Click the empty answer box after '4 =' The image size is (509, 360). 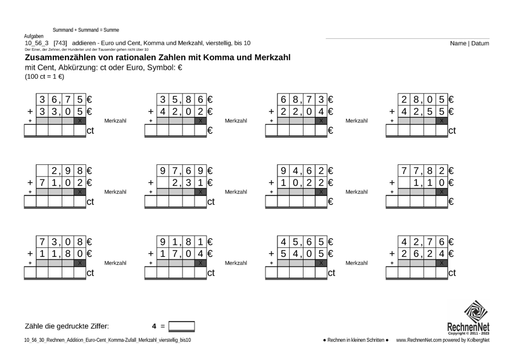[x=182, y=327]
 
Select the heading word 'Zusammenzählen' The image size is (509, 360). [x=61, y=57]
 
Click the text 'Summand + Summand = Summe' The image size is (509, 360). [x=85, y=30]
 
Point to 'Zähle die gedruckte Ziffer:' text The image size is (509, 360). [x=67, y=327]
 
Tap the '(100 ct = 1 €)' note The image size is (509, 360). [x=44, y=77]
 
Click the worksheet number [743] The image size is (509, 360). [x=60, y=44]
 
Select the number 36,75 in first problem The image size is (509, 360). [x=61, y=99]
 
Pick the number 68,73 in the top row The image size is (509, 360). [x=301, y=99]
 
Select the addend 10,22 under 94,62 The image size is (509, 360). [x=301, y=182]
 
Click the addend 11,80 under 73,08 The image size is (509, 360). [x=61, y=253]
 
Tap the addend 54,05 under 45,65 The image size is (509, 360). [x=301, y=253]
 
